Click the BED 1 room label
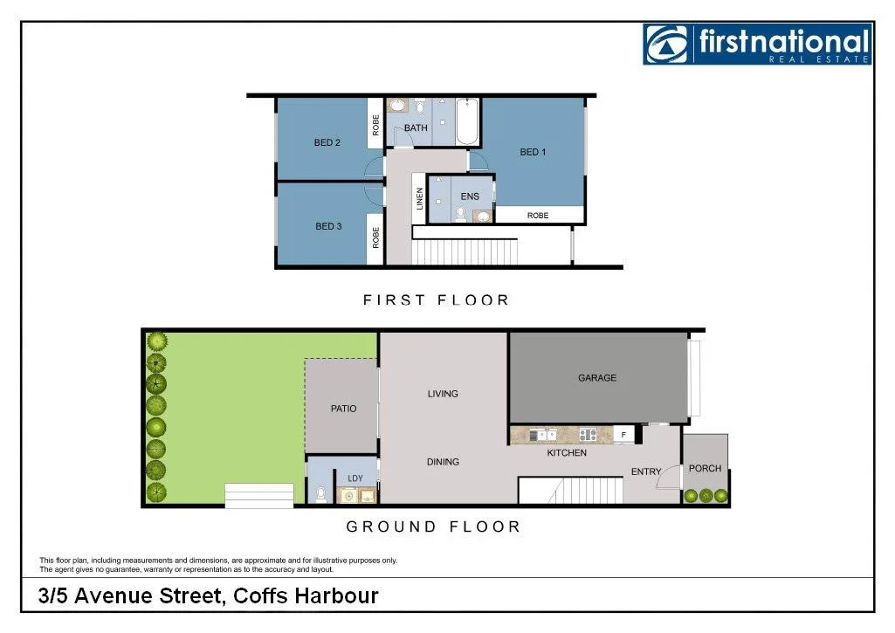(533, 152)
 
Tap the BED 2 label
(327, 142)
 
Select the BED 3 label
(328, 226)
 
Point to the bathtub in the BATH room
(467, 122)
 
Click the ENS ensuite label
(470, 196)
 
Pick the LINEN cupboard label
(420, 199)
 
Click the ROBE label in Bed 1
(538, 215)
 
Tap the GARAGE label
(597, 378)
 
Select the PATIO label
(343, 408)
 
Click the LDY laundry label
(355, 478)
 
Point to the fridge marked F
(623, 433)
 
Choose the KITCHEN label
(567, 453)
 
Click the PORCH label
(705, 468)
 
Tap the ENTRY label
(646, 471)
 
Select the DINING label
(443, 462)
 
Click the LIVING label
(443, 394)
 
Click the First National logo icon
(667, 44)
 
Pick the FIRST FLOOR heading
(436, 299)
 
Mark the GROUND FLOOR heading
(433, 526)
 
